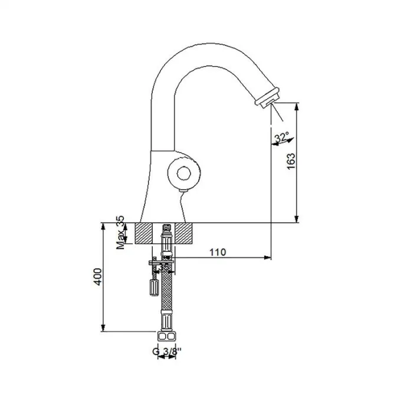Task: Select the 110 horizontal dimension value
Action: (x=218, y=252)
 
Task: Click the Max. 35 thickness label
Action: (x=121, y=233)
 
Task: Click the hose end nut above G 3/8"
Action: (x=168, y=336)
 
